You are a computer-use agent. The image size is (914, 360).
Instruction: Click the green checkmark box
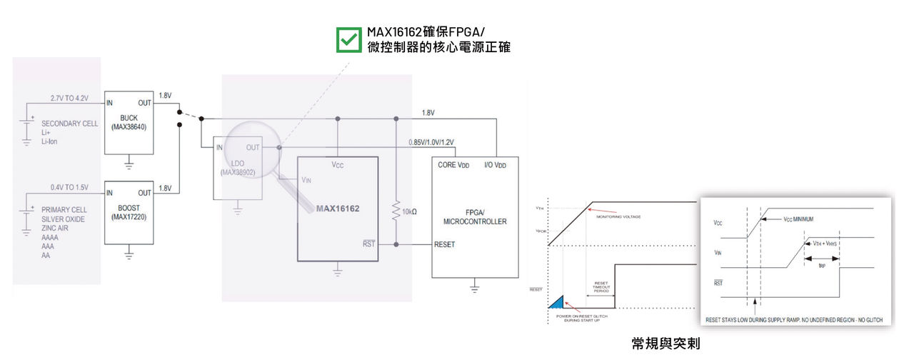coord(349,40)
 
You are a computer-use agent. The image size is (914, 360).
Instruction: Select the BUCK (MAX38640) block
coord(129,122)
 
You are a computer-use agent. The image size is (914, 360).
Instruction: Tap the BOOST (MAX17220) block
coord(129,212)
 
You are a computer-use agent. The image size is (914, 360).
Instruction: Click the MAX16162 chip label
coord(338,209)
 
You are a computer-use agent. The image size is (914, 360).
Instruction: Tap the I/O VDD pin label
coord(496,164)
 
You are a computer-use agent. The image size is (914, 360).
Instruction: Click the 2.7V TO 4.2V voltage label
coord(69,97)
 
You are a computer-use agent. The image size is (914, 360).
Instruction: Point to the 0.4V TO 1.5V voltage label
coord(69,187)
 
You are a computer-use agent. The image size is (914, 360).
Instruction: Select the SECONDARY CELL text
coord(69,124)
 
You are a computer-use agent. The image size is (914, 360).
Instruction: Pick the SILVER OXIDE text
coord(63,219)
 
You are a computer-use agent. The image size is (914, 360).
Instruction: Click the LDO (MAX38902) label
coord(238,167)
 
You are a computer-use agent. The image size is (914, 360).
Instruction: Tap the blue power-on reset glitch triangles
coord(556,302)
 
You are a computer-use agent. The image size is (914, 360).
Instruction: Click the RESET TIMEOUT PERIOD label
coord(600,287)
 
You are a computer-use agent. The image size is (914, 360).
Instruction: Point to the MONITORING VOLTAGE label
coord(619,216)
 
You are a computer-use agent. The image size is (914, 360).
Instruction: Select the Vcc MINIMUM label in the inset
coord(798,219)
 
